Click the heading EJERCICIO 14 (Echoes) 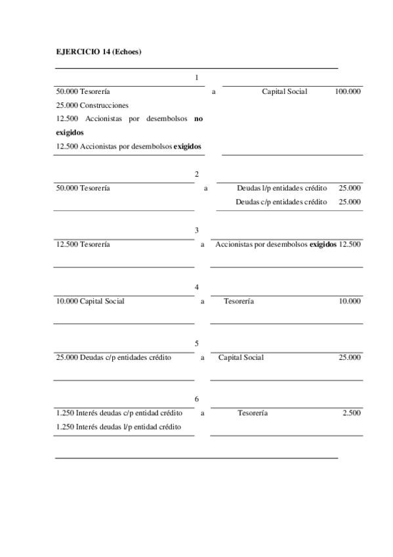[98, 51]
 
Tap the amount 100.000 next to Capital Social [347, 92]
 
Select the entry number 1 [197, 78]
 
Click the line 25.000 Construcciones [93, 105]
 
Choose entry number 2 [197, 174]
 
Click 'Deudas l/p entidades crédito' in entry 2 [281, 188]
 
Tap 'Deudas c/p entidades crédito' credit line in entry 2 [281, 202]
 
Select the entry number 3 [197, 231]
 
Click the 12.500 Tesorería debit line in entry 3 [83, 244]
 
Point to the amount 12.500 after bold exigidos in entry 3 [350, 244]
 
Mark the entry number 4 [197, 287]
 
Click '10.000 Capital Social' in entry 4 [91, 301]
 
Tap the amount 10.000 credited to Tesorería [349, 301]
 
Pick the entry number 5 [197, 344]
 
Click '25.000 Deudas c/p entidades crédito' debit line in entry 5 [114, 357]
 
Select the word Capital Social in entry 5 [241, 357]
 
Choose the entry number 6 [197, 399]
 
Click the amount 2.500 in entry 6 [351, 413]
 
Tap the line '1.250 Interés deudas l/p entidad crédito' [119, 427]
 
